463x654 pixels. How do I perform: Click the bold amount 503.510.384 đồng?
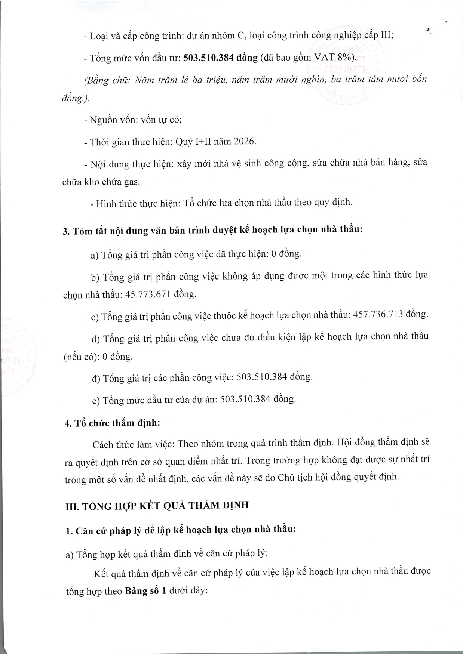coord(220,58)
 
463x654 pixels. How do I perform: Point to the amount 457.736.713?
coord(378,314)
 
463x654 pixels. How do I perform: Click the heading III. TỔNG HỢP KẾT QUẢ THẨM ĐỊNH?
coord(157,506)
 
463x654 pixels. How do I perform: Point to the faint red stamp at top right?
coord(348,67)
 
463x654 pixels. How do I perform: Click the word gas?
coord(132,182)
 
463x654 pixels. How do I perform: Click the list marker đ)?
coord(96,378)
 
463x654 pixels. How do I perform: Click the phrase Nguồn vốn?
coord(109,120)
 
